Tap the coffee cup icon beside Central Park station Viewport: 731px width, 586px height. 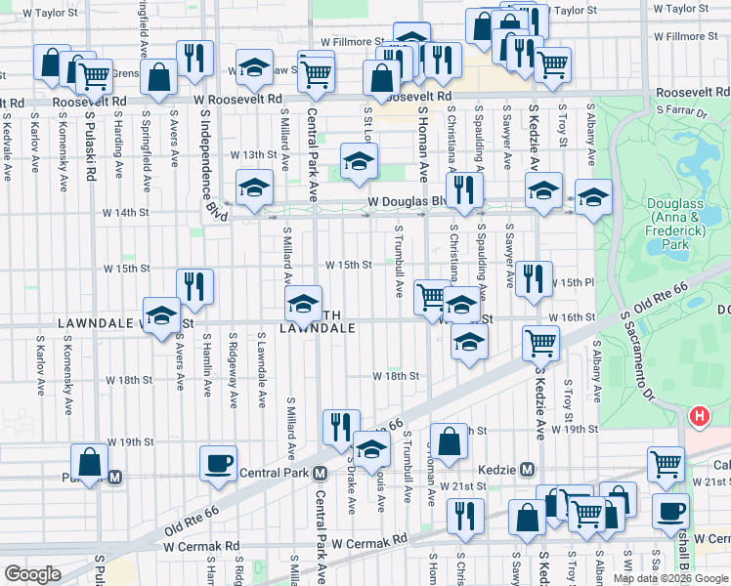pyautogui.click(x=218, y=462)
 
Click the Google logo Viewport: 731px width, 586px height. pyautogui.click(x=32, y=573)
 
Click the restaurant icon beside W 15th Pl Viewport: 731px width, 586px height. pyautogui.click(x=533, y=277)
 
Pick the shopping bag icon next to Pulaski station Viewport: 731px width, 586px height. pyautogui.click(x=90, y=462)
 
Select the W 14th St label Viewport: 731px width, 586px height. pyautogui.click(x=127, y=212)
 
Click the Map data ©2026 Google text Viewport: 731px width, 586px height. pyautogui.click(x=671, y=578)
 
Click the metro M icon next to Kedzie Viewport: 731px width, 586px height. pyautogui.click(x=526, y=469)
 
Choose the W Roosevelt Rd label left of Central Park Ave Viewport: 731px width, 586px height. pyautogui.click(x=242, y=100)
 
